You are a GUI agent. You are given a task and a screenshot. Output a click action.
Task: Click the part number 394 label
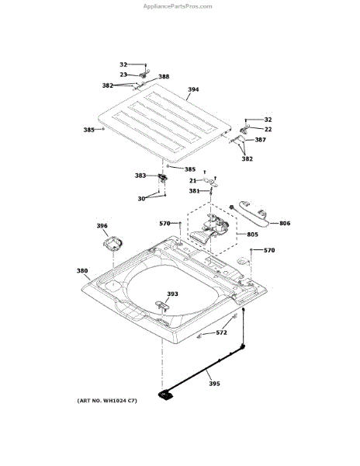tap(193, 89)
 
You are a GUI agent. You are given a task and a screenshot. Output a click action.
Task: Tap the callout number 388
tap(164, 77)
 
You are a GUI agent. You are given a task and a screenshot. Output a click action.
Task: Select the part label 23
tap(123, 75)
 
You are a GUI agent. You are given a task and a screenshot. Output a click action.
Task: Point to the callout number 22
tap(268, 129)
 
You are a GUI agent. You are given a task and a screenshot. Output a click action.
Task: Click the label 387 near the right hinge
tap(260, 140)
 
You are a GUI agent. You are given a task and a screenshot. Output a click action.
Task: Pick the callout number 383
tap(140, 176)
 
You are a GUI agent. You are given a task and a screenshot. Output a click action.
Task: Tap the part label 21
tap(193, 181)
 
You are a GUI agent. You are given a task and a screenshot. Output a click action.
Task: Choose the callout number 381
tap(195, 191)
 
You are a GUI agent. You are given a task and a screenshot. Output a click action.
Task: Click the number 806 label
tap(285, 223)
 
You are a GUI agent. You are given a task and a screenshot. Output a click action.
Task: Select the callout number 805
tap(253, 235)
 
